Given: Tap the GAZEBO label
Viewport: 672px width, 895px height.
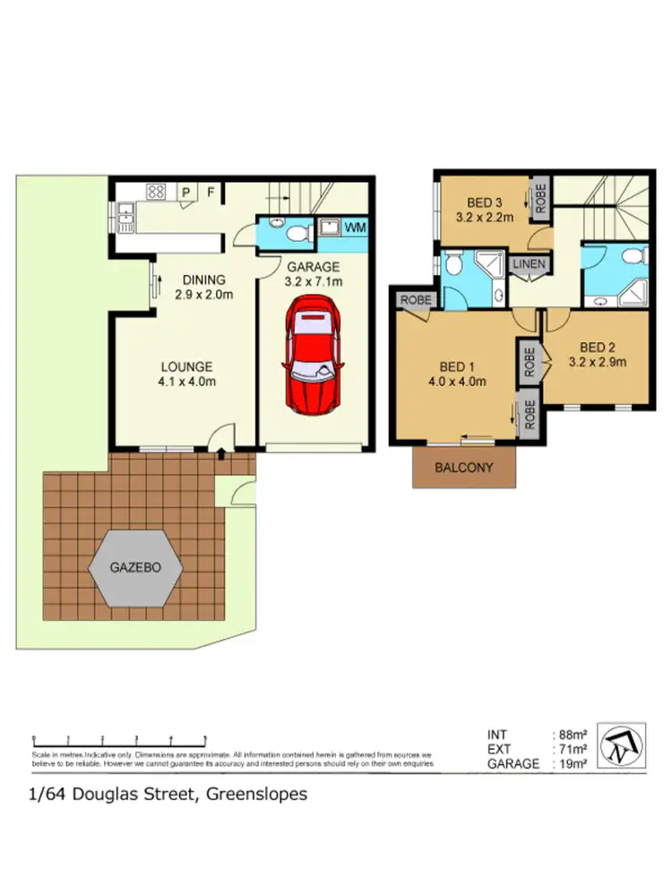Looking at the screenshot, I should (136, 567).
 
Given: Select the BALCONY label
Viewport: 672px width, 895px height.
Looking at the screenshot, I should (463, 467).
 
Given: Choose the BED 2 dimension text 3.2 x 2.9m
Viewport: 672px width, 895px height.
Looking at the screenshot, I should (598, 363).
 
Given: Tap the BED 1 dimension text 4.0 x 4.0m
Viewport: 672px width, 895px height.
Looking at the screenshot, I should (457, 382).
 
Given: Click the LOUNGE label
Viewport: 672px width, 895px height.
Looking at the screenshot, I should (186, 366).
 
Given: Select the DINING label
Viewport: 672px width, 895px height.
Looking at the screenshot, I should (198, 280).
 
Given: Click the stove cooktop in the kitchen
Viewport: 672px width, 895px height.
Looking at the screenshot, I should (156, 191).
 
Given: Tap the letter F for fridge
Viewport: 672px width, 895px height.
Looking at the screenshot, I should (211, 191).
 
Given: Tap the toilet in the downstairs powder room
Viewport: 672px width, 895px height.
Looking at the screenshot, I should (298, 232).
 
